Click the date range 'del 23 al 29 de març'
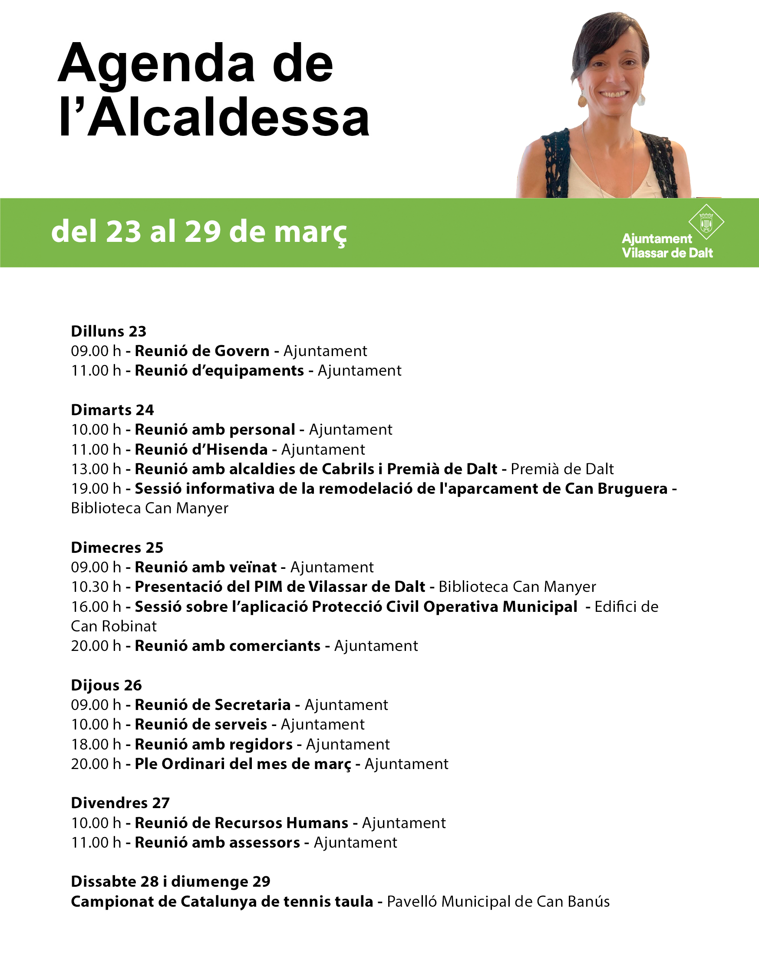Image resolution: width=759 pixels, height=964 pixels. click(x=198, y=232)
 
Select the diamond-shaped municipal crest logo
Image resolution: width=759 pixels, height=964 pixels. click(x=706, y=222)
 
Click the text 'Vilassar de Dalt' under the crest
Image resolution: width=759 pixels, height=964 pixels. click(x=667, y=253)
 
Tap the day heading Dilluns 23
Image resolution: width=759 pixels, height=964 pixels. click(x=109, y=331)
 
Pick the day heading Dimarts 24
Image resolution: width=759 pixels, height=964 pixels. click(x=112, y=410)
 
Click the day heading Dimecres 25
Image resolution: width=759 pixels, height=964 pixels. click(x=117, y=548)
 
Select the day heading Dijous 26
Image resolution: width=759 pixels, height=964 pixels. click(x=106, y=685)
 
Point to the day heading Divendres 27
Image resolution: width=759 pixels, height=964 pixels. click(x=120, y=803)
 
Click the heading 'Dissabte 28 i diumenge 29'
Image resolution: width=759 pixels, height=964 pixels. click(x=171, y=881)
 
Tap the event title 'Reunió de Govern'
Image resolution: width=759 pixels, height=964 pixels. click(x=202, y=351)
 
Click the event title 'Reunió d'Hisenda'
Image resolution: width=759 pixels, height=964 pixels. click(x=201, y=449)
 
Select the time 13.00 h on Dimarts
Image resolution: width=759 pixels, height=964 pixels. click(x=96, y=469)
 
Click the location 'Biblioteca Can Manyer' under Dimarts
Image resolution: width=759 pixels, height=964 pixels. click(x=150, y=508)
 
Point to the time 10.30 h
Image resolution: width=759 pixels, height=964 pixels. click(x=96, y=587)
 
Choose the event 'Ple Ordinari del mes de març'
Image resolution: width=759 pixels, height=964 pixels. click(x=243, y=763)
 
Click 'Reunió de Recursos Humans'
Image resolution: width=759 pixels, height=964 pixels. click(x=241, y=823)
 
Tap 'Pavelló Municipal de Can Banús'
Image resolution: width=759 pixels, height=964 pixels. click(x=498, y=901)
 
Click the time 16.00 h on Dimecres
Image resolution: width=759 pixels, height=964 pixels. click(x=96, y=607)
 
